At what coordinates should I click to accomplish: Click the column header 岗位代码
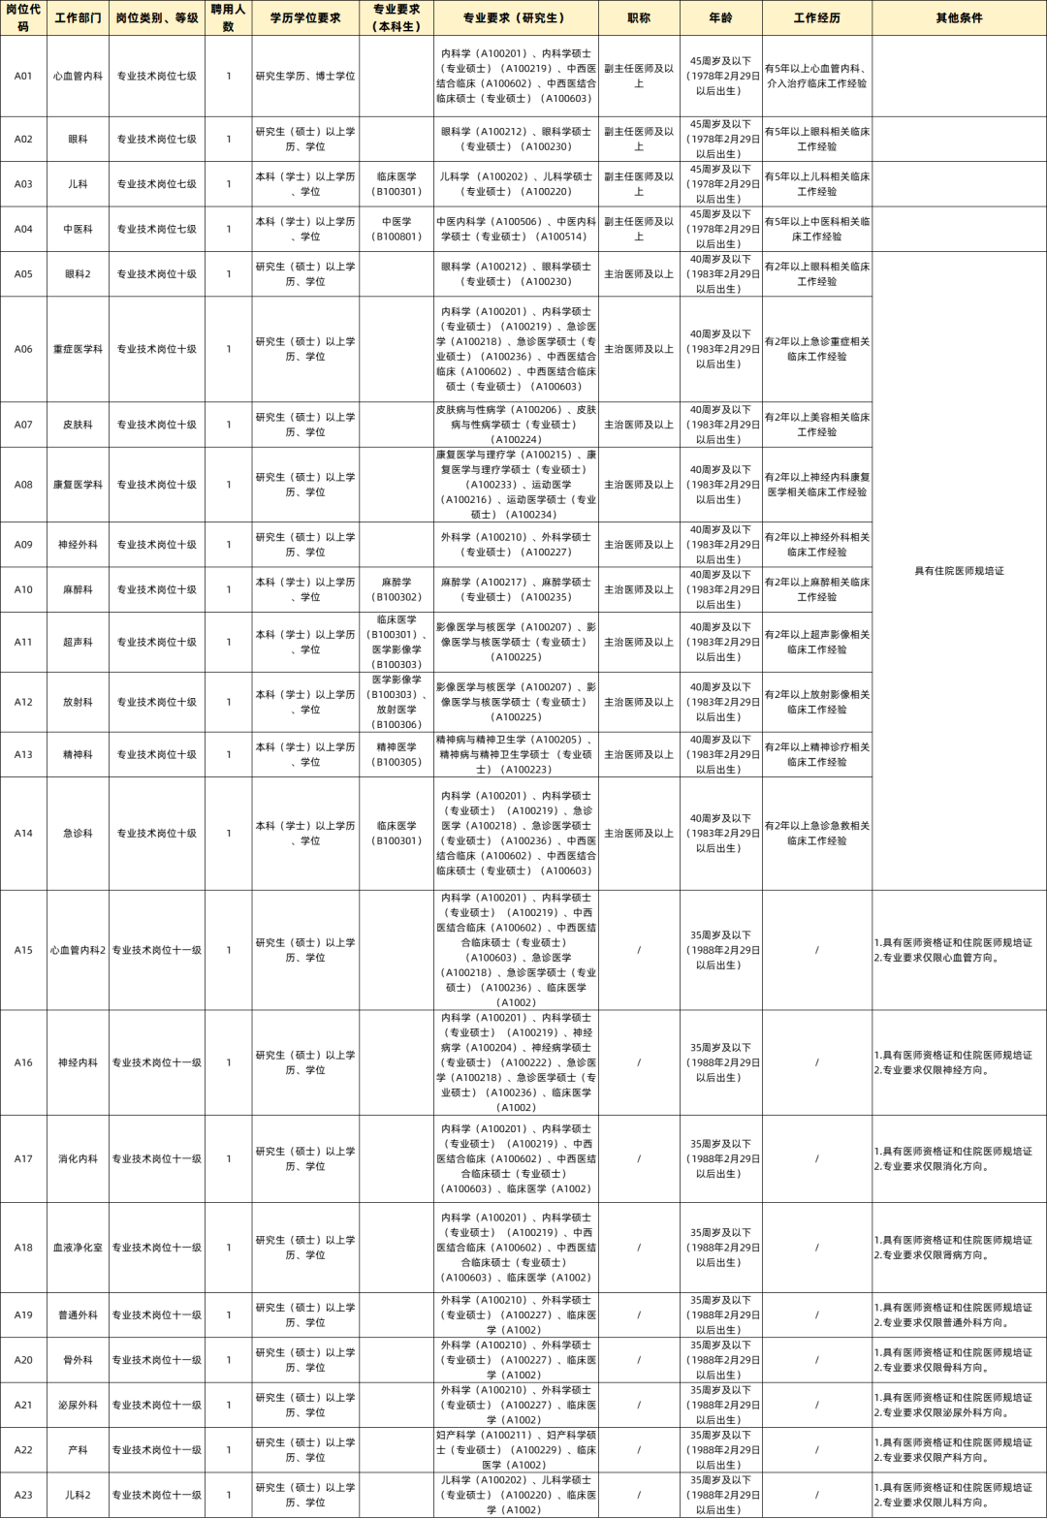23,17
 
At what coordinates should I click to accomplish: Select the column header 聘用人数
228,17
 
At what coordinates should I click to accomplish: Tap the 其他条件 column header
959,17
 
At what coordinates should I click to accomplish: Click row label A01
23,76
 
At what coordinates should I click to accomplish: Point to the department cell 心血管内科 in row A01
78,76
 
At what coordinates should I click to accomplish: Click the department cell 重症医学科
78,349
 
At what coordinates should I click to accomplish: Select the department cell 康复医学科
78,485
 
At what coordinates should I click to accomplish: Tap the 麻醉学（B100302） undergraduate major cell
397,589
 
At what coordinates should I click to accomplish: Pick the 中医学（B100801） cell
397,229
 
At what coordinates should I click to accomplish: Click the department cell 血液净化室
78,1248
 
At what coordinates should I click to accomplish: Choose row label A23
23,1495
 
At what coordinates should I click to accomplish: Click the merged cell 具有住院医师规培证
959,571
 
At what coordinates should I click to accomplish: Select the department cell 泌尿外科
78,1405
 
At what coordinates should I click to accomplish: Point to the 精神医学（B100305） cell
397,754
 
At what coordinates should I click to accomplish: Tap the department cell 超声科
78,642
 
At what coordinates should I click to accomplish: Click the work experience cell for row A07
817,425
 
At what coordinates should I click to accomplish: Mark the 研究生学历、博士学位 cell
305,76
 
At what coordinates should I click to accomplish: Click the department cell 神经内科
78,1062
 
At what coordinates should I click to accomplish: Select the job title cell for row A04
639,229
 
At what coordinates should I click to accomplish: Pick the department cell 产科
78,1450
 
